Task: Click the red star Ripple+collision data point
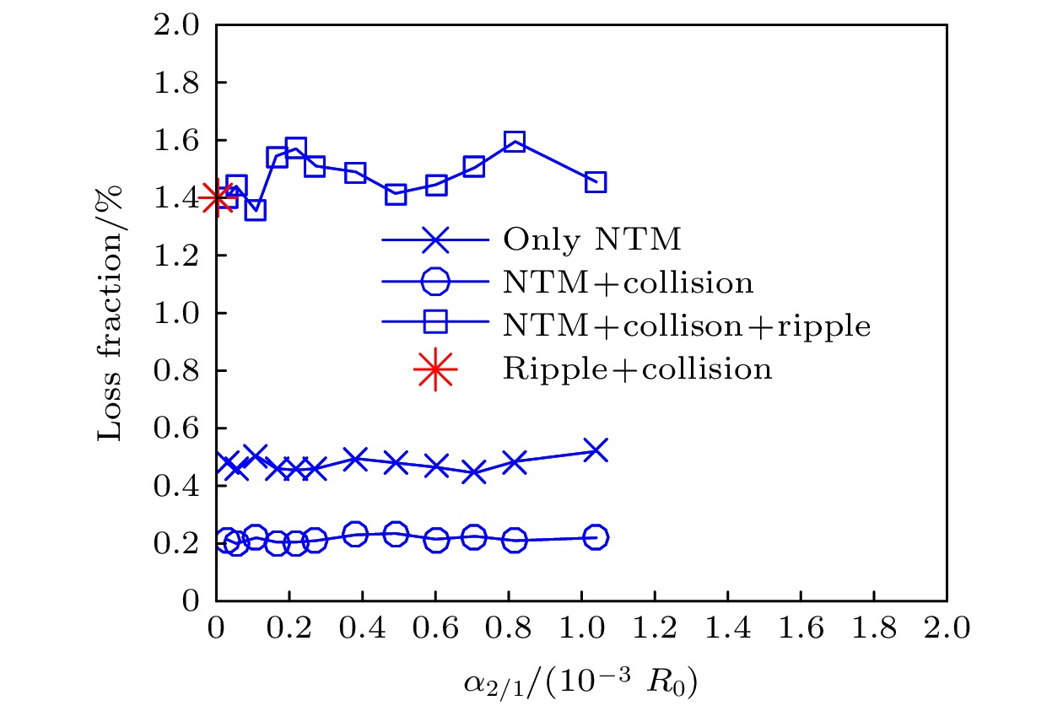tap(217, 198)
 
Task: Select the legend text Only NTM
tap(591, 240)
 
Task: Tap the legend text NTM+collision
tap(628, 283)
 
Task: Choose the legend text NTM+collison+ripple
tap(687, 326)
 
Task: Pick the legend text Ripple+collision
tap(637, 369)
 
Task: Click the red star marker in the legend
tap(434, 369)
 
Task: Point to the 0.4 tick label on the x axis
tap(363, 628)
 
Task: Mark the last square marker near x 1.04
tap(596, 182)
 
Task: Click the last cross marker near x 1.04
tap(596, 450)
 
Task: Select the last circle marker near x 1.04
tap(596, 537)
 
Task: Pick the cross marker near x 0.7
tap(474, 473)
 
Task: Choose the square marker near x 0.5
tap(396, 195)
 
